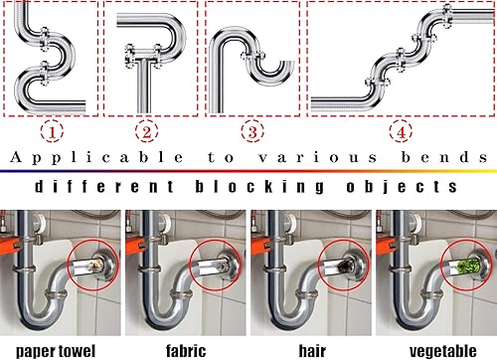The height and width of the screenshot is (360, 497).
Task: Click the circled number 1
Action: pyautogui.click(x=52, y=132)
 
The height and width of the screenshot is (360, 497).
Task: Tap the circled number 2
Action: pyautogui.click(x=146, y=131)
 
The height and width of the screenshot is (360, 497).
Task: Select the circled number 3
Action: pyautogui.click(x=252, y=131)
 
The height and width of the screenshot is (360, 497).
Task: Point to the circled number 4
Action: pyautogui.click(x=401, y=131)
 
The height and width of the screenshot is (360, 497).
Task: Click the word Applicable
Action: pyautogui.click(x=96, y=158)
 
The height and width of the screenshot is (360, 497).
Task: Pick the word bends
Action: pyautogui.click(x=444, y=157)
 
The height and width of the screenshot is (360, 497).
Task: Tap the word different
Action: pyautogui.click(x=104, y=186)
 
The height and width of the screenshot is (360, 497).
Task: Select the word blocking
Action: pyautogui.click(x=259, y=187)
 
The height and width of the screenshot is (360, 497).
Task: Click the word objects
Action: pyautogui.click(x=402, y=187)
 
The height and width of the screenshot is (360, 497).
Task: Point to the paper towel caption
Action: pyautogui.click(x=56, y=351)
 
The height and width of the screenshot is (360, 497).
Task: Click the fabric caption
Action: pyautogui.click(x=186, y=351)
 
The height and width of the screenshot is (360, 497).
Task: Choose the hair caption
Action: pyautogui.click(x=312, y=351)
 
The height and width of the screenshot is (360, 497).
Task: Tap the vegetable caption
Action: pyautogui.click(x=443, y=351)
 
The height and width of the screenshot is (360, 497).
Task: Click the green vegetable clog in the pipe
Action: pyautogui.click(x=467, y=267)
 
